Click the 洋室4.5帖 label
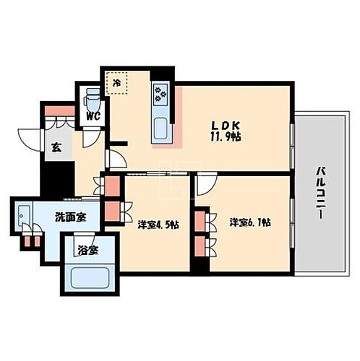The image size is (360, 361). (158, 224)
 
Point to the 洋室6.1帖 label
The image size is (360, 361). (250, 222)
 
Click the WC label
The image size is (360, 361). (92, 116)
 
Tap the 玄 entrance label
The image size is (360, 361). (55, 148)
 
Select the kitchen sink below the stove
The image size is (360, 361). (160, 128)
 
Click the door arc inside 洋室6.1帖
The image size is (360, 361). (205, 184)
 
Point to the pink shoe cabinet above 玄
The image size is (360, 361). (58, 113)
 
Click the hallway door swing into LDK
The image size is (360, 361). (116, 159)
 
